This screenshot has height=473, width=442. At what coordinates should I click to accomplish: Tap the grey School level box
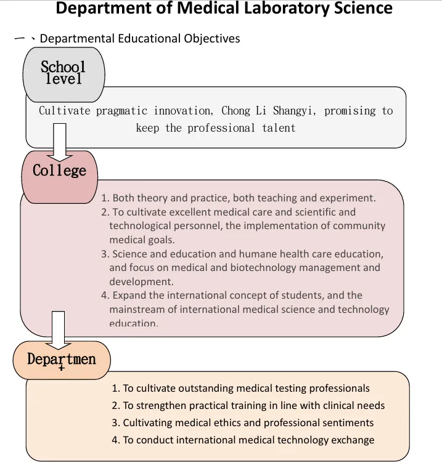point(63,73)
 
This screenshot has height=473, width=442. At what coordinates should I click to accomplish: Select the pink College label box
point(60,171)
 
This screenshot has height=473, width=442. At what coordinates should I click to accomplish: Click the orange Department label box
point(61,358)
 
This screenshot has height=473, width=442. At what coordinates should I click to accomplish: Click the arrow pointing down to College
point(60,139)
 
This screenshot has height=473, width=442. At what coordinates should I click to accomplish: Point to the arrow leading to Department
point(58,329)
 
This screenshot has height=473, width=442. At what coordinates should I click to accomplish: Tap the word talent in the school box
point(277,128)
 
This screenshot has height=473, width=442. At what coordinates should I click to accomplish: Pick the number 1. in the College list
point(105,198)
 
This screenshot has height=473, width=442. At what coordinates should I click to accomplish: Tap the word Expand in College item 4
point(129,296)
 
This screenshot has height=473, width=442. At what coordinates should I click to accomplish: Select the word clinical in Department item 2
point(304,406)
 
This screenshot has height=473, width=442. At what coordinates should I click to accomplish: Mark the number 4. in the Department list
point(116,440)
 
